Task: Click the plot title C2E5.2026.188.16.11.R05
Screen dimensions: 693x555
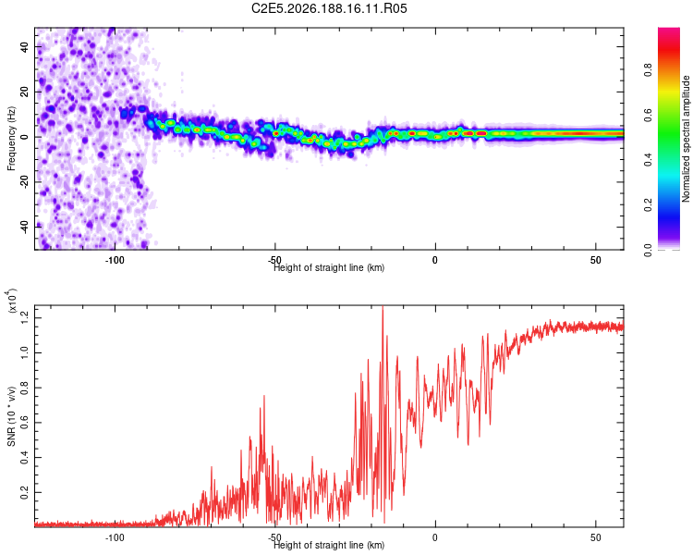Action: tap(329, 8)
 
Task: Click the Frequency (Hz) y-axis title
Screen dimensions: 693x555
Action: tap(11, 139)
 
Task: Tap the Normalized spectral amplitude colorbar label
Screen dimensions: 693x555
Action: tap(686, 139)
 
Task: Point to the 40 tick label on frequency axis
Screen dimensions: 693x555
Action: tap(24, 46)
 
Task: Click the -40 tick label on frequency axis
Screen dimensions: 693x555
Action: tap(24, 228)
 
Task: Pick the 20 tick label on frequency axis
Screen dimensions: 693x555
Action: tap(24, 92)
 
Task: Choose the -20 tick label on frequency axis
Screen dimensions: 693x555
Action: tap(24, 182)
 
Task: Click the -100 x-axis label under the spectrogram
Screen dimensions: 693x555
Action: tap(115, 260)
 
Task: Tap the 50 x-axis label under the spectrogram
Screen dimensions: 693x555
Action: tap(596, 260)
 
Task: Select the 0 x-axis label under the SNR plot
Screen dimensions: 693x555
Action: tap(435, 537)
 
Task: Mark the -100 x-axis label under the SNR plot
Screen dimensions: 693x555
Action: tap(115, 537)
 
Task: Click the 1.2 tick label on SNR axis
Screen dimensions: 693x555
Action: tap(24, 318)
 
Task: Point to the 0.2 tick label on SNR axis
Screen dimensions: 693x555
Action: tap(24, 492)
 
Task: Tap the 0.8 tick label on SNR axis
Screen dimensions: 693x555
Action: tap(24, 388)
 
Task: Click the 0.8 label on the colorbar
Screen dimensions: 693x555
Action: tap(648, 69)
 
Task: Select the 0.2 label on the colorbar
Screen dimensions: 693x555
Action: tap(648, 204)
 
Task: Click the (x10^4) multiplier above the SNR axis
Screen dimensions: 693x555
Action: tap(11, 301)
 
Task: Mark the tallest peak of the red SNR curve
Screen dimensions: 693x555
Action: tap(383, 307)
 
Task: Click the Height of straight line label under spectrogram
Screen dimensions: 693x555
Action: tap(329, 267)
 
